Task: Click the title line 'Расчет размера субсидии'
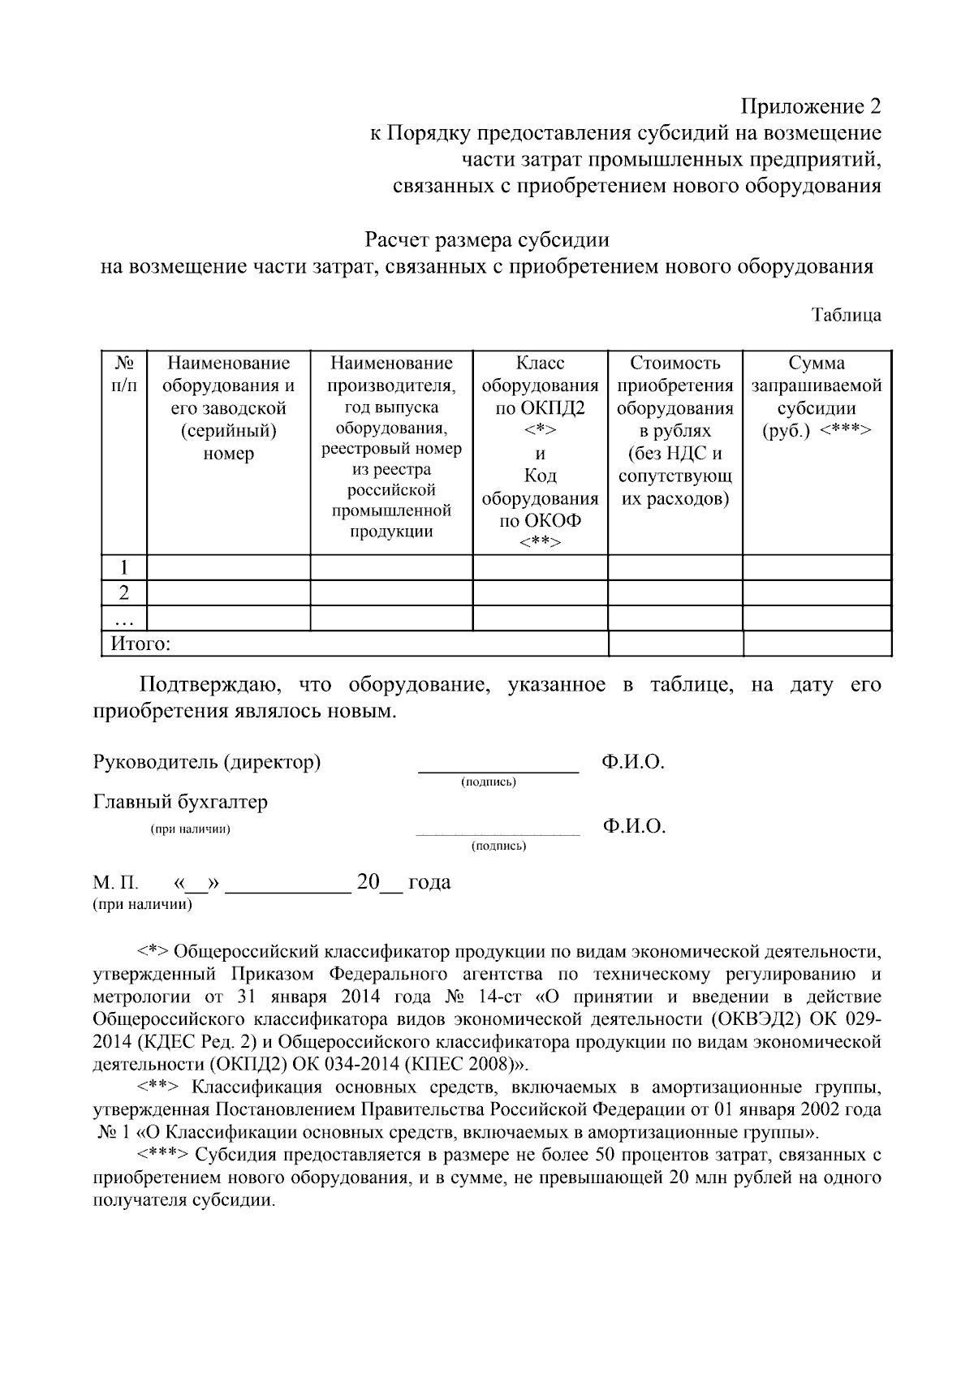pos(486,240)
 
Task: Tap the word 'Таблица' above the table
pos(847,315)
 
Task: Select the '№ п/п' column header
pos(123,374)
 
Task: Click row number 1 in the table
pos(123,567)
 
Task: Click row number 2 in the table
pos(123,592)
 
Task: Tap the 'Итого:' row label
pos(140,644)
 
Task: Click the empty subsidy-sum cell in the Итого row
pos(817,644)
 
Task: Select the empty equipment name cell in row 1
pos(228,567)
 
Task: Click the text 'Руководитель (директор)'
pos(207,762)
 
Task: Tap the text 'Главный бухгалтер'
pos(180,803)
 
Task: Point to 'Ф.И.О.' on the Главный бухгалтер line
pos(634,827)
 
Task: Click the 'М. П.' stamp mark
pos(116,883)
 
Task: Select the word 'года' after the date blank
pos(429,882)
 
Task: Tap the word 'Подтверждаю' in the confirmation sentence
pos(210,685)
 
